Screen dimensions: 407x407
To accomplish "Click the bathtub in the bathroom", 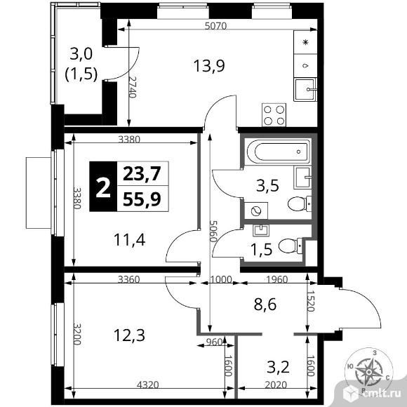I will click(279, 151).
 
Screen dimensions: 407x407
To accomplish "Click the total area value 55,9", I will click(141, 199).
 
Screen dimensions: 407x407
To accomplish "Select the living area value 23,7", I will click(141, 173).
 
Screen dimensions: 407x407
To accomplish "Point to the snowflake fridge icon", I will click(305, 42).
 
